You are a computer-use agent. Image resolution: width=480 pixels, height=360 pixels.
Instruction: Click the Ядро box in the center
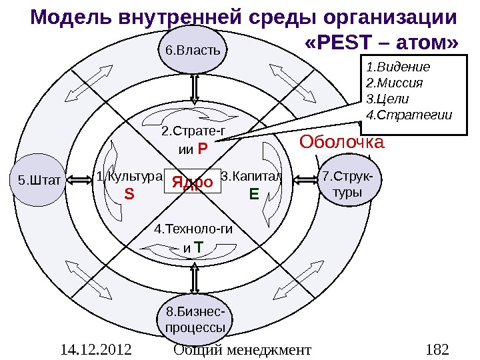click(x=193, y=181)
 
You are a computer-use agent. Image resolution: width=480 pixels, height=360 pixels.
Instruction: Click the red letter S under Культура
click(x=129, y=195)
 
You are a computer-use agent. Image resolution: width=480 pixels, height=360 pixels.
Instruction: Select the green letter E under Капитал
click(x=253, y=195)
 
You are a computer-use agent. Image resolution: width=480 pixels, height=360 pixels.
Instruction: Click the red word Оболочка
click(x=341, y=142)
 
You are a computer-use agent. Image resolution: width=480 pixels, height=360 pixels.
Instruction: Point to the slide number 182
click(x=437, y=349)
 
